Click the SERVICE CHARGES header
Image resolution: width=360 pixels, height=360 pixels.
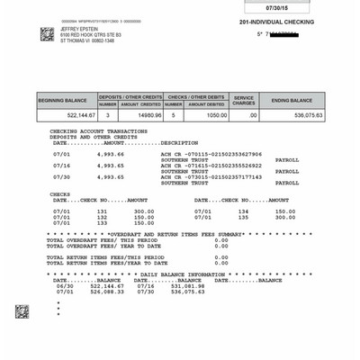point(245,100)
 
